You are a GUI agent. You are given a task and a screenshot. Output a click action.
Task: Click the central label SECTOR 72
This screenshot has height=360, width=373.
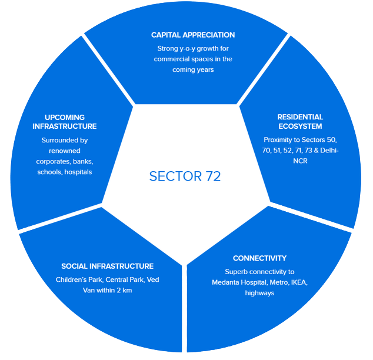(185, 176)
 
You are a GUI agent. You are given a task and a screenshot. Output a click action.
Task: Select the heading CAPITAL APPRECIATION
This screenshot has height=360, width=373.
(193, 35)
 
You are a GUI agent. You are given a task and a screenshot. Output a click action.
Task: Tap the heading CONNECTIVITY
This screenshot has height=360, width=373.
(259, 258)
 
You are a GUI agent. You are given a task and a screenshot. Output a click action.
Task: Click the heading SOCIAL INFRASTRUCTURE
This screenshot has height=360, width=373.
(108, 266)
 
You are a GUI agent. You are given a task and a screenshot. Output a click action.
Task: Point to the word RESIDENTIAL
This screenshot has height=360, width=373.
(300, 116)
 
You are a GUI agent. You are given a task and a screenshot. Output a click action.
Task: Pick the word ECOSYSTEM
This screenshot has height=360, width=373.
(301, 126)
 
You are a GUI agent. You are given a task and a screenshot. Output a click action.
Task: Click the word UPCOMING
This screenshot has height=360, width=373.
(65, 117)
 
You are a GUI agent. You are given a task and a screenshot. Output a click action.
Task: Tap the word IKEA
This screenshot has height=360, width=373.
(297, 282)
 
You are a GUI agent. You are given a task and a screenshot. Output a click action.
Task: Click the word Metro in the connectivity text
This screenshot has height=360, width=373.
(276, 282)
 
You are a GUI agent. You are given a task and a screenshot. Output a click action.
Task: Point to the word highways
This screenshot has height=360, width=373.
(259, 293)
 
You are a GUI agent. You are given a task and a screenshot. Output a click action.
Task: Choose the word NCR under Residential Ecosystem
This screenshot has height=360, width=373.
(301, 161)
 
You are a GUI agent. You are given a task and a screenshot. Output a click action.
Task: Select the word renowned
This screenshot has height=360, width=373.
(65, 151)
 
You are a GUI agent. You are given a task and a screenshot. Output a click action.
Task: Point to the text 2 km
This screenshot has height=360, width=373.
(121, 290)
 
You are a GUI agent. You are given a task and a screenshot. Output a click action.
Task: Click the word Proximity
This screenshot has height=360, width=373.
(281, 140)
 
